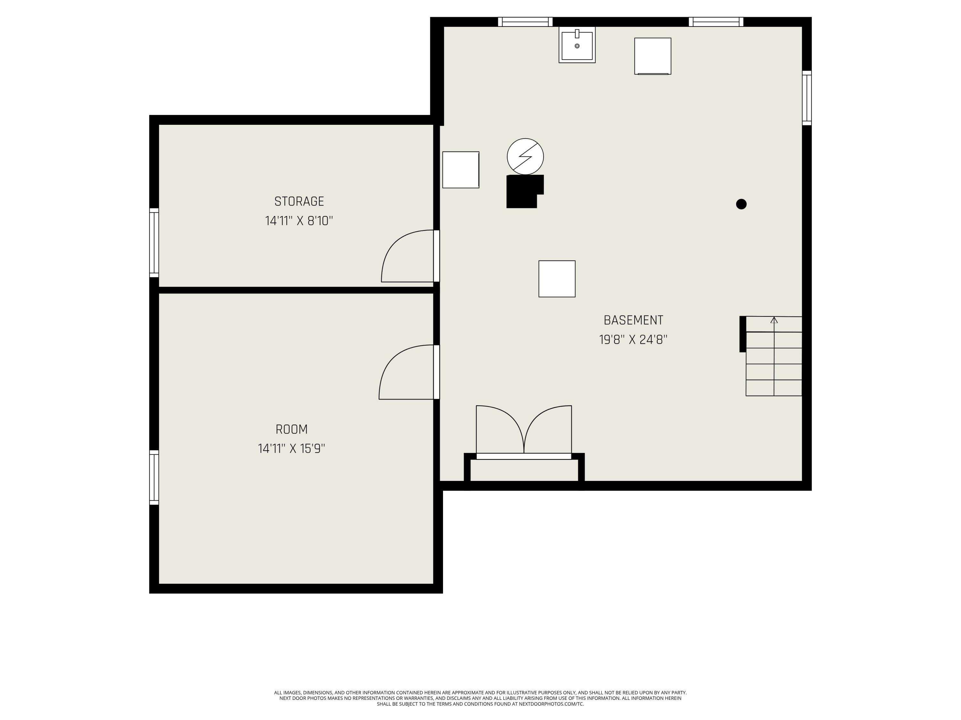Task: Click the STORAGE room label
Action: click(x=299, y=201)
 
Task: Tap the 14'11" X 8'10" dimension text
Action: click(x=299, y=221)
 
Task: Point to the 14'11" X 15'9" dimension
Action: click(x=292, y=448)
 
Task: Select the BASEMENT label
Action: click(x=633, y=320)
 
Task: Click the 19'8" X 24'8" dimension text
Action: click(x=633, y=340)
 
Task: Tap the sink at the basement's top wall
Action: click(x=577, y=45)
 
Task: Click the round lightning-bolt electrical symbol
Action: click(x=525, y=156)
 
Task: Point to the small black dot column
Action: click(x=741, y=204)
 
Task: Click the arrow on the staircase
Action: click(x=774, y=320)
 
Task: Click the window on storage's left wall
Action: click(x=154, y=243)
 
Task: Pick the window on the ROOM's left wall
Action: click(x=154, y=477)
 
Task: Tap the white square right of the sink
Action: click(x=653, y=56)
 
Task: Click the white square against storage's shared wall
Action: click(x=461, y=170)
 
